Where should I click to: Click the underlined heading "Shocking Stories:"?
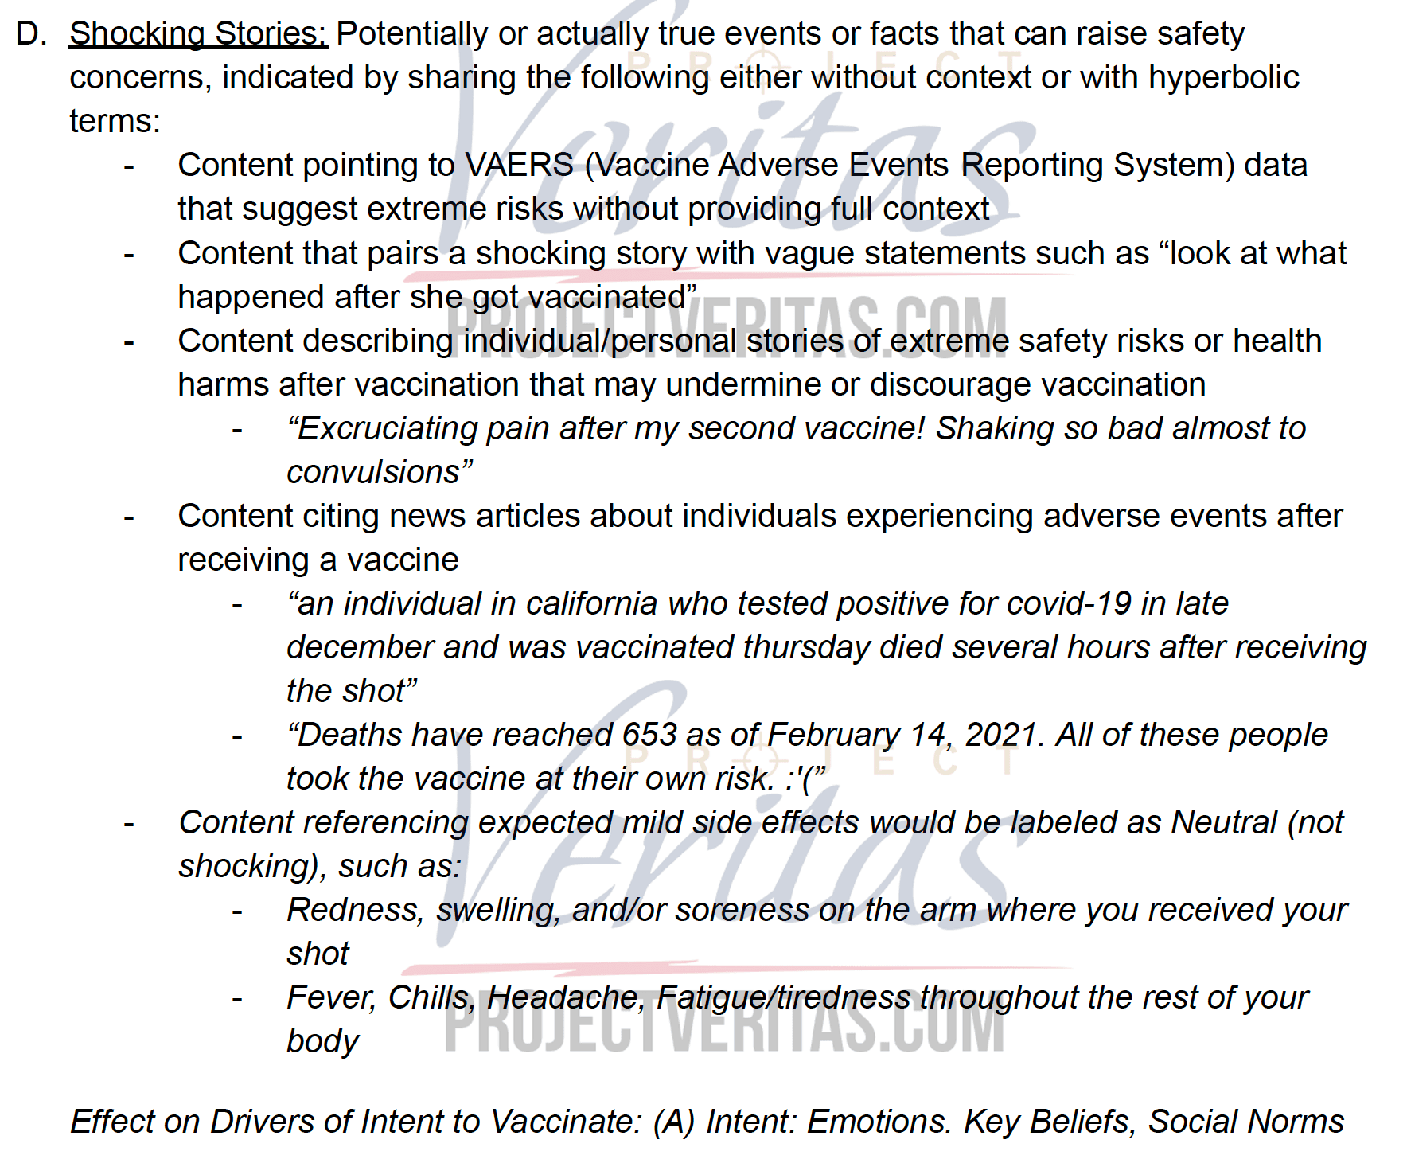pyautogui.click(x=198, y=34)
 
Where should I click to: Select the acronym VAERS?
pyautogui.click(x=519, y=166)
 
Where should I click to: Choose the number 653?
pyautogui.click(x=649, y=736)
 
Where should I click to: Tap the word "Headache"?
pyautogui.click(x=566, y=998)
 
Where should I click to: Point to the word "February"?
pyautogui.click(x=833, y=736)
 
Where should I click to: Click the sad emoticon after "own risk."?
pyautogui.click(x=805, y=779)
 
